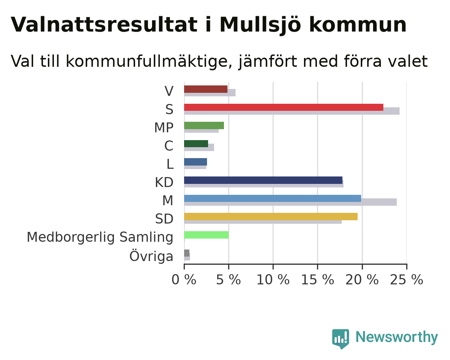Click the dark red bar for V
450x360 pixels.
pyautogui.click(x=206, y=89)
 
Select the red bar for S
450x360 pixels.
pyautogui.click(x=284, y=107)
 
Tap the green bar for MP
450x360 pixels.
pyautogui.click(x=204, y=126)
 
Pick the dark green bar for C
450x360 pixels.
pyautogui.click(x=196, y=144)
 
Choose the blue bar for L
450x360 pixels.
pyautogui.click(x=195, y=162)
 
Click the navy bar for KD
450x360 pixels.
pyautogui.click(x=263, y=180)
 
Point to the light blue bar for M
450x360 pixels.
pyautogui.click(x=273, y=198)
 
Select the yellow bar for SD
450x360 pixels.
pyautogui.click(x=271, y=217)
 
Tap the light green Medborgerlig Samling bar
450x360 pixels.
pyautogui.click(x=206, y=235)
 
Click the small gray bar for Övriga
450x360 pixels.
pyautogui.click(x=187, y=253)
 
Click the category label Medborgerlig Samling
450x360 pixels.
pyautogui.click(x=100, y=238)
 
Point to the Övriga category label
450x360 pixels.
pyautogui.click(x=151, y=256)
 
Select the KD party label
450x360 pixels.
pyautogui.click(x=164, y=182)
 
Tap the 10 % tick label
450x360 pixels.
pyautogui.click(x=273, y=280)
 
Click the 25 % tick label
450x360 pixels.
pyautogui.click(x=407, y=280)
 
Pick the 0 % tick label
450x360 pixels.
pyautogui.click(x=184, y=280)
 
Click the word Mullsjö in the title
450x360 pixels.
pyautogui.click(x=260, y=25)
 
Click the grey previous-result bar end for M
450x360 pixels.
pyautogui.click(x=396, y=202)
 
